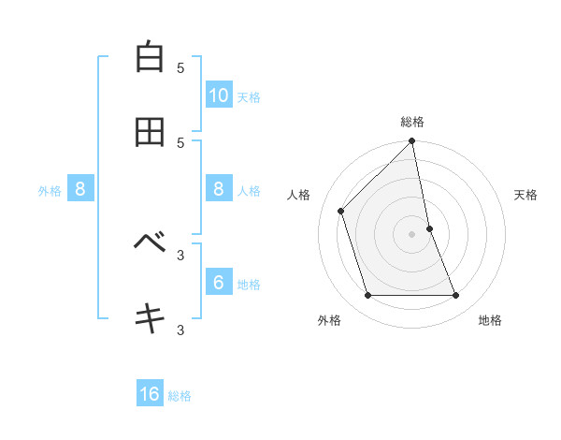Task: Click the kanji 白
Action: point(150,57)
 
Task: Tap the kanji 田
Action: point(150,132)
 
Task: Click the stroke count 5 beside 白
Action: point(180,67)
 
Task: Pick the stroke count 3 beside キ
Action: point(180,330)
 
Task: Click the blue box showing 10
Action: point(219,95)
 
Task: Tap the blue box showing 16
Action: point(150,394)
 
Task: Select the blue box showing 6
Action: point(219,282)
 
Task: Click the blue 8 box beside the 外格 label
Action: point(80,189)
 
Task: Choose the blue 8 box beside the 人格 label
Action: point(219,188)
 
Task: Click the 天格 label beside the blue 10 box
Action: point(249,97)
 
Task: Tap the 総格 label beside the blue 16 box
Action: point(180,397)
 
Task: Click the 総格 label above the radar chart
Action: point(412,122)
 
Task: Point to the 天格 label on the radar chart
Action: point(526,195)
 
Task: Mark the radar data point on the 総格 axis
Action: point(412,142)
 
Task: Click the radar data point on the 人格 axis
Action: point(341,211)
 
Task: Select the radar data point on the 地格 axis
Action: point(456,296)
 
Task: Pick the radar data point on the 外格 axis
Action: point(368,296)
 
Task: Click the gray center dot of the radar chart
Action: point(412,234)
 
